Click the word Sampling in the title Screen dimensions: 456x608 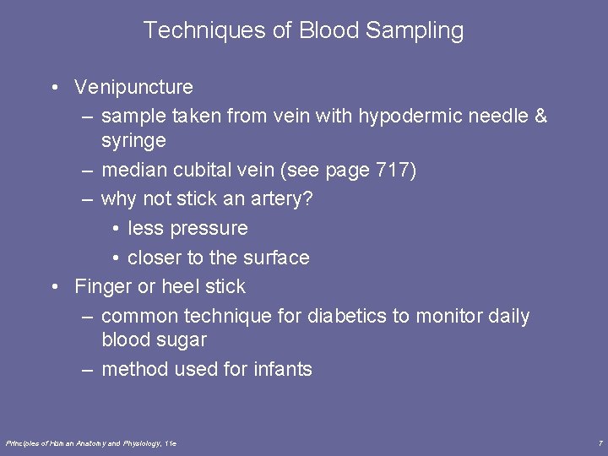coord(415,31)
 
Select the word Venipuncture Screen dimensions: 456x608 coord(133,87)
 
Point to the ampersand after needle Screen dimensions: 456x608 coord(540,116)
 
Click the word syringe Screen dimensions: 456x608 coord(133,140)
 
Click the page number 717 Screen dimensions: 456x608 coord(393,170)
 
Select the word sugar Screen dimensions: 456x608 coord(182,339)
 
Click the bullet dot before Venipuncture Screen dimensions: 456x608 coord(54,87)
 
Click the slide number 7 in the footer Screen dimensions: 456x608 coord(600,442)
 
